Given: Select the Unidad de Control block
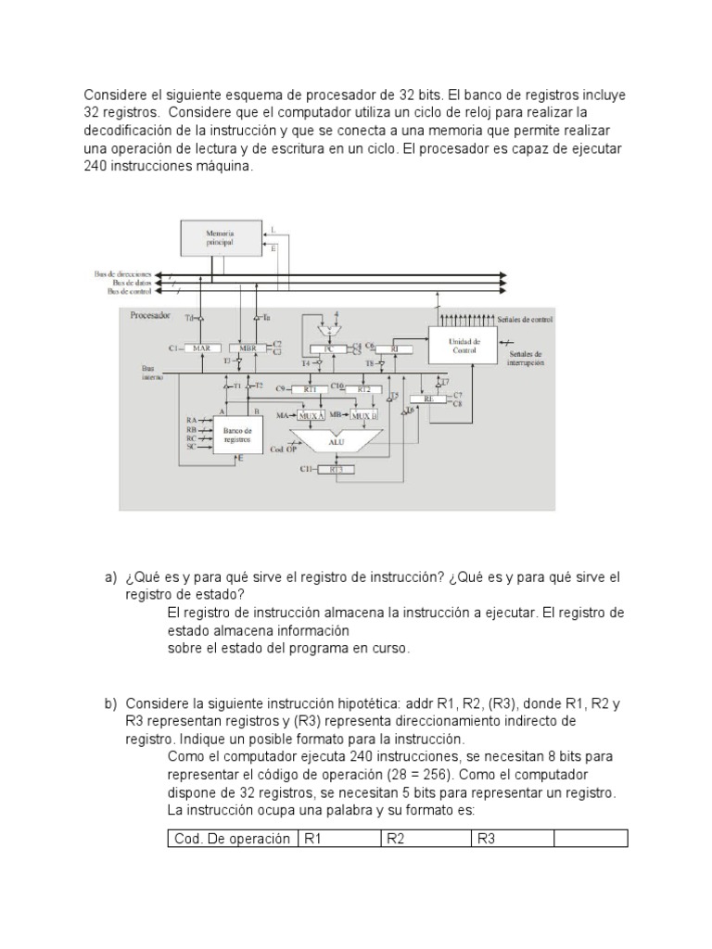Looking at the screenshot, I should (x=464, y=346).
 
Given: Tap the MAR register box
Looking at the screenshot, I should (x=202, y=348).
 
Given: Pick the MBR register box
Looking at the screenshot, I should (x=248, y=348).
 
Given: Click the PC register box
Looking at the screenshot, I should (x=327, y=348).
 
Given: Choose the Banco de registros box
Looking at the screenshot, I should (x=237, y=434).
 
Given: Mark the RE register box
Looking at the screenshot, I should (x=429, y=399).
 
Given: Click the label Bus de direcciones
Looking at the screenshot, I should (x=124, y=274).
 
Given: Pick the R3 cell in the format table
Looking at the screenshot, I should (x=514, y=839).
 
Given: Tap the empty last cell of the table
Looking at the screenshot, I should (x=591, y=839).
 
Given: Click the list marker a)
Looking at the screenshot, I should (x=110, y=577).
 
